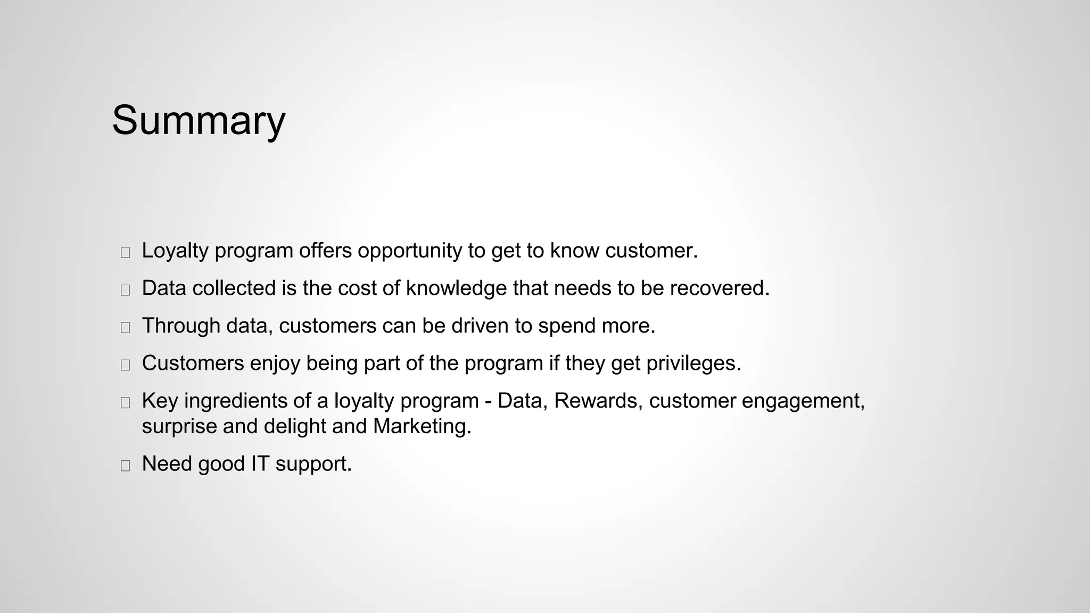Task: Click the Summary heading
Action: tap(199, 121)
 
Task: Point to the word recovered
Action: tap(719, 288)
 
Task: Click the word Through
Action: tap(181, 326)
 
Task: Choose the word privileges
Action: tap(693, 364)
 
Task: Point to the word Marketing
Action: tap(422, 427)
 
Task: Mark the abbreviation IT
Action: tap(260, 464)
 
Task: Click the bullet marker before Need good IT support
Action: tap(126, 466)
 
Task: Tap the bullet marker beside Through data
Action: tap(126, 328)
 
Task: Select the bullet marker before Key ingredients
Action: tap(126, 403)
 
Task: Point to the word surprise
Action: tap(179, 427)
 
